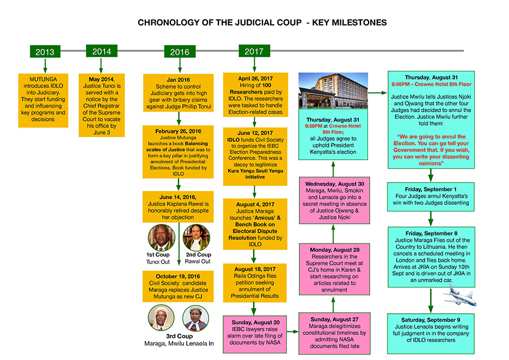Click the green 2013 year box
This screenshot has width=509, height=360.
45,52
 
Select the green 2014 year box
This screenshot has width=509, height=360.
102,51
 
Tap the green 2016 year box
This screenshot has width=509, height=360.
180,52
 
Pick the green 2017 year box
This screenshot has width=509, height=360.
254,51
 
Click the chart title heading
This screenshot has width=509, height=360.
262,22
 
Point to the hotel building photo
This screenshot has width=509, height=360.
333,90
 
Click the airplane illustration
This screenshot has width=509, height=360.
459,295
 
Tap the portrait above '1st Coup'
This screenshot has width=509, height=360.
161,237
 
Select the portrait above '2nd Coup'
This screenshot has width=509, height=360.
196,237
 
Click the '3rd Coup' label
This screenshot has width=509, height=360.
179,336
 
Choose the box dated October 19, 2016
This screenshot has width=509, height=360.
178,286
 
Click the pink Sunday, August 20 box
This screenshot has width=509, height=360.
255,334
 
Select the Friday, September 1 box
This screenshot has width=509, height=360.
431,197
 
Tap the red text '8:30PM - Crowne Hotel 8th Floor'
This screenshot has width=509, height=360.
431,84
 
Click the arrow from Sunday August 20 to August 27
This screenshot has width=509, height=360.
292,332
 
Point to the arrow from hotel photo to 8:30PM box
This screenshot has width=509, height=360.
377,93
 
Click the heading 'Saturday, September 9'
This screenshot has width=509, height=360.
431,320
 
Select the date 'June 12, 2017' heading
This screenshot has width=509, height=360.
255,133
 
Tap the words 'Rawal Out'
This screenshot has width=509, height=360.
198,261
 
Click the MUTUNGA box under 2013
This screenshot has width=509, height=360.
43,100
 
